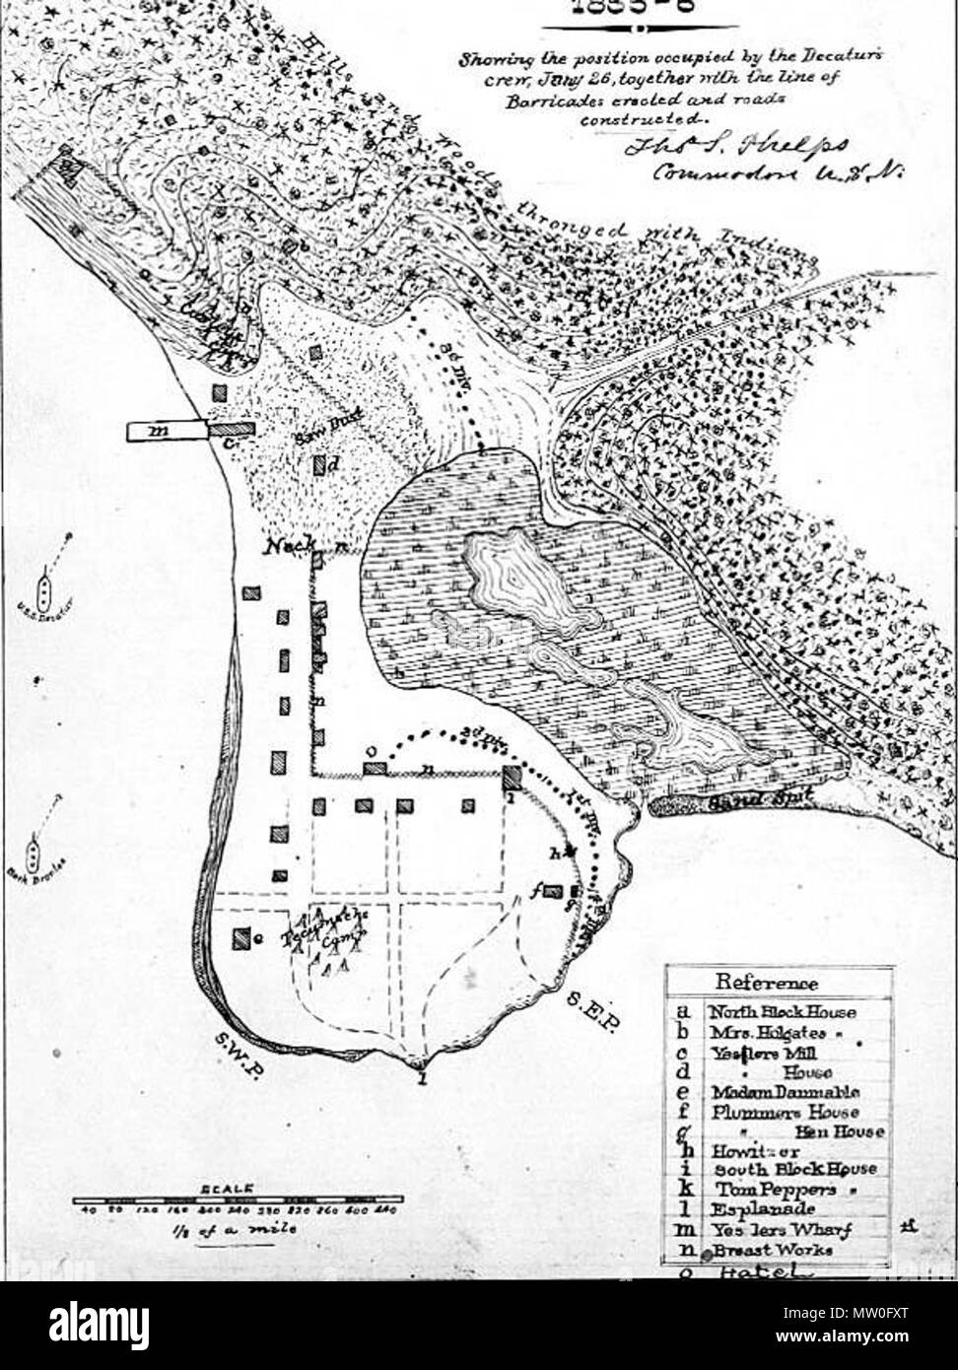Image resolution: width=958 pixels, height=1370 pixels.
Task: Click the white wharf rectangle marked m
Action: pos(167,431)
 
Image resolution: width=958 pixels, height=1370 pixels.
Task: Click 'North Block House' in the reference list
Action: pos(783,1012)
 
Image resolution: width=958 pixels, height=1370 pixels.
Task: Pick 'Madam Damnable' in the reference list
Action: pos(786,1092)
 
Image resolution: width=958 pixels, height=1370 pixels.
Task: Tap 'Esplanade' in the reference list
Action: pos(756,1209)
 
